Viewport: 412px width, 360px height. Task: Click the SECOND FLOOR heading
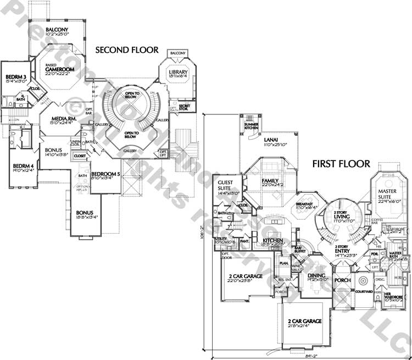(x=127, y=50)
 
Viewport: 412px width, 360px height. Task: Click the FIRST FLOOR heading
(x=341, y=163)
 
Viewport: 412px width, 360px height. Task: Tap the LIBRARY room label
(x=178, y=72)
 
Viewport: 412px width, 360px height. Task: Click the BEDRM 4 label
(x=23, y=166)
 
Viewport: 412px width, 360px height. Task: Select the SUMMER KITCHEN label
(x=251, y=128)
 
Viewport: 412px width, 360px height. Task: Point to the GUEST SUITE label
(x=226, y=185)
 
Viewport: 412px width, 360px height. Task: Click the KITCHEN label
(x=272, y=241)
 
